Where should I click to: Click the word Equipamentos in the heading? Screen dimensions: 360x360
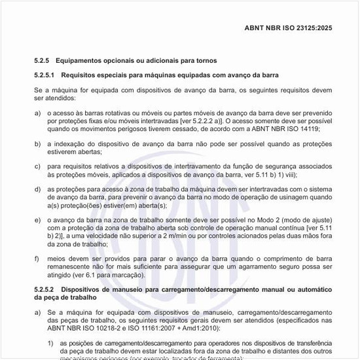pyautogui.click(x=86, y=60)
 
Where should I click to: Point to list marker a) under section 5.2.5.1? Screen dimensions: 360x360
pyautogui.click(x=38, y=113)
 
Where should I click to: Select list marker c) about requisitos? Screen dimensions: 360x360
pyautogui.click(x=38, y=166)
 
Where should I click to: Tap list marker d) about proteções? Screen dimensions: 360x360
pyautogui.click(x=38, y=189)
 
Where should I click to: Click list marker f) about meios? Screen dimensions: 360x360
pyautogui.click(x=38, y=258)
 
